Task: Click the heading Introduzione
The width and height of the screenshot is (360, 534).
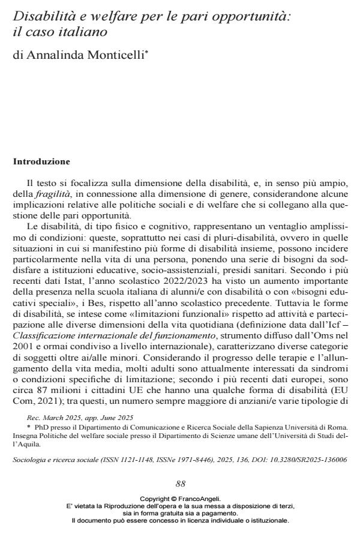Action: (x=41, y=161)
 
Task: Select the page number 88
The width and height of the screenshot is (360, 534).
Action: (x=180, y=484)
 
